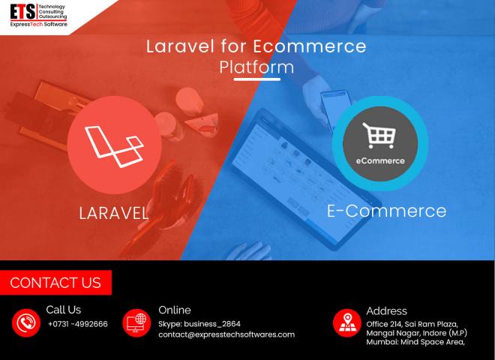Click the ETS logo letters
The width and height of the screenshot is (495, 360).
click(x=22, y=12)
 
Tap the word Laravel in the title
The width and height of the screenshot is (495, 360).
click(x=180, y=46)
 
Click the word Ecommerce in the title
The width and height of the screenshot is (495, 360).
click(x=310, y=46)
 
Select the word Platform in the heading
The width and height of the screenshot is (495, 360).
click(x=256, y=67)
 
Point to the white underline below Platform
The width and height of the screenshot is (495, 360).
click(x=257, y=79)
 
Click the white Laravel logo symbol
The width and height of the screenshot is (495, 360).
click(x=114, y=146)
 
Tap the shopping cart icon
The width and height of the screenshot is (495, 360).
click(x=379, y=136)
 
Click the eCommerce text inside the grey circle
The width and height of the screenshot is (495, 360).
click(x=380, y=160)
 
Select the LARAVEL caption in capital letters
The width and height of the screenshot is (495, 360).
click(x=114, y=213)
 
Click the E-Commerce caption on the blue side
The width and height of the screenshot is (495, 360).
click(x=386, y=211)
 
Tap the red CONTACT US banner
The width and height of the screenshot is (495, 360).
click(x=55, y=283)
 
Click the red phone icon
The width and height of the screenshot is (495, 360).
click(x=26, y=322)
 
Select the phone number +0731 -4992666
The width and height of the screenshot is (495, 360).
click(x=78, y=324)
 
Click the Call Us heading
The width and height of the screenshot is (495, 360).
click(x=64, y=310)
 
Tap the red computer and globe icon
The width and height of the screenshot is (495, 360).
click(x=136, y=322)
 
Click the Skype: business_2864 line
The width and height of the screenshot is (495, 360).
click(x=199, y=324)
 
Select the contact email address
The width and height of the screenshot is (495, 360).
click(x=226, y=334)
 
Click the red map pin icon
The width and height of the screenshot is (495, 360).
click(x=347, y=322)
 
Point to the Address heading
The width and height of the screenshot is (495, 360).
click(x=387, y=311)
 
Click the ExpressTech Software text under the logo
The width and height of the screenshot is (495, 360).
click(x=38, y=24)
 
